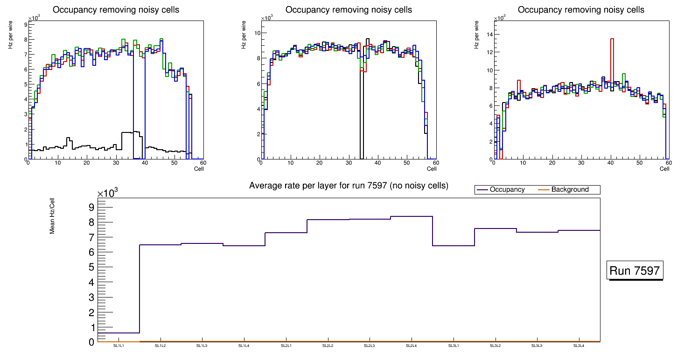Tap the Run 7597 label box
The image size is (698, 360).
pos(635,270)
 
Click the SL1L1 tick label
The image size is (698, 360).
pos(119,346)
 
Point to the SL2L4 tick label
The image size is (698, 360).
pos(411,346)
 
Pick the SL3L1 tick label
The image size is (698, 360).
pos(453,346)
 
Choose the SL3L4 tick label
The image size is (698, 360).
pos(579,346)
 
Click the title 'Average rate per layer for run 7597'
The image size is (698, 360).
pos(349,186)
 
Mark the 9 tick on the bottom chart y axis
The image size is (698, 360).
pos(91,207)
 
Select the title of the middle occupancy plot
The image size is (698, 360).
pos(349,10)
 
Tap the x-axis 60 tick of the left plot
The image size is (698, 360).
pos(203,163)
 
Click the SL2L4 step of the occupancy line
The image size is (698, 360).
pos(412,216)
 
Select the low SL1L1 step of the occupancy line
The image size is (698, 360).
pos(119,333)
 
